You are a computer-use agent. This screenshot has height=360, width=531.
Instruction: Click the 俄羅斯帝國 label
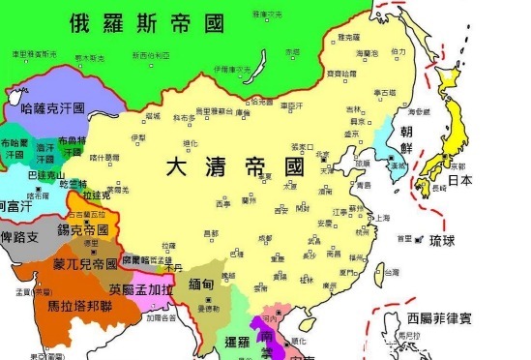coord(139,24)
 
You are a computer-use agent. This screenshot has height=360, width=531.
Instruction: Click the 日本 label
coord(458,180)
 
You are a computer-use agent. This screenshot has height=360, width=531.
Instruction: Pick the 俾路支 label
coord(20,236)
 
